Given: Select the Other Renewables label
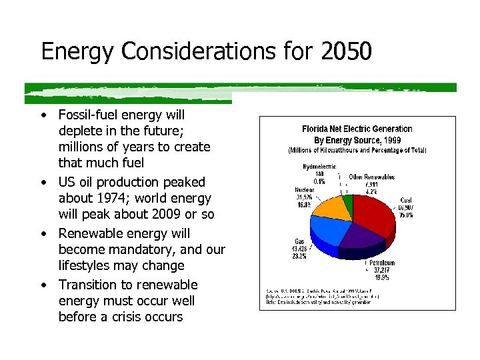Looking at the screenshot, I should click(371, 177).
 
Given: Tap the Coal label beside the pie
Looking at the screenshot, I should click(405, 200).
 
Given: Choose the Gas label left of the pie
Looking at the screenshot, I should click(300, 242).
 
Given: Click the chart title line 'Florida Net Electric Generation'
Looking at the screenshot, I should click(357, 129).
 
